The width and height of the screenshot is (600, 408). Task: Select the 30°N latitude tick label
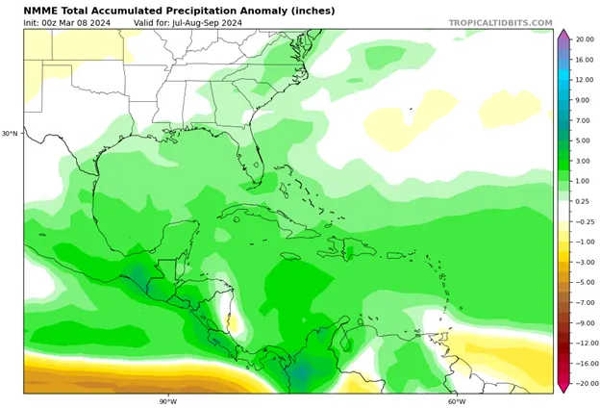point(10,134)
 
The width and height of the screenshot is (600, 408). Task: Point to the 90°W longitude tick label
point(168,401)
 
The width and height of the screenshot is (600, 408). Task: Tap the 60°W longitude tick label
point(456,401)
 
